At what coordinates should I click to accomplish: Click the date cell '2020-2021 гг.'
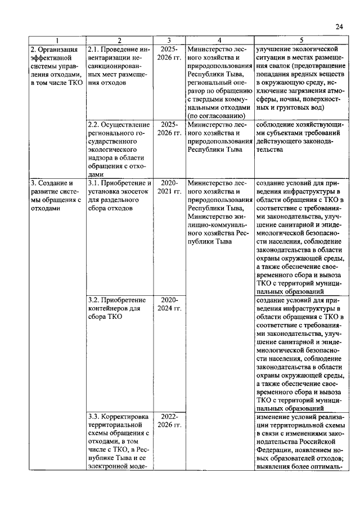169,187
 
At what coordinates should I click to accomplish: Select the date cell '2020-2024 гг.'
169,304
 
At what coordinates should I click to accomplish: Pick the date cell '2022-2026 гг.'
169,420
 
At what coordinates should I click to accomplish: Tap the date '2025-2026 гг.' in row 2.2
169,128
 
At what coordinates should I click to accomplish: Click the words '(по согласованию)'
218,116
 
